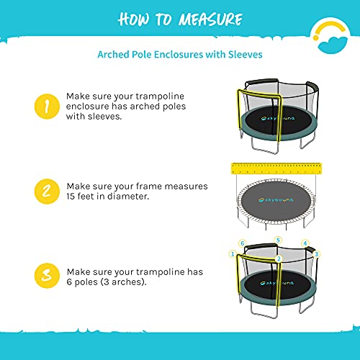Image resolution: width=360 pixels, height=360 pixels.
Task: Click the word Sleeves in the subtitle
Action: [245, 53]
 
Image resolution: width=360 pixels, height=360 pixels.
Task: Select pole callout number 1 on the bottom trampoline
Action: [232, 253]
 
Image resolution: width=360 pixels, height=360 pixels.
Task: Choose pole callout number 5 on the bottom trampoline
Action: [277, 239]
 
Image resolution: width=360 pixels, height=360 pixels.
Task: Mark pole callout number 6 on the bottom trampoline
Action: [243, 243]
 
